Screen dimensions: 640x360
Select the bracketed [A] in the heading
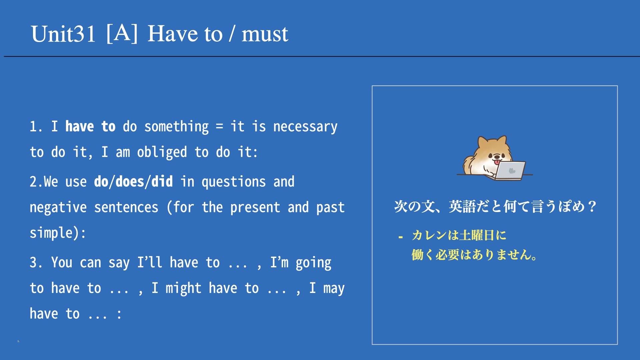[x=122, y=33]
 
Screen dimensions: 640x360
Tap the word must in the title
[x=265, y=34]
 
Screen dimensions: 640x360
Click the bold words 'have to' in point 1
[x=90, y=127]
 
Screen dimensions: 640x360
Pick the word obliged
[x=162, y=153]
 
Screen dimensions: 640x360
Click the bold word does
[x=130, y=182]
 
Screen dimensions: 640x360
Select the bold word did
[x=162, y=182]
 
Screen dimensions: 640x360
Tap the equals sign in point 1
[x=219, y=127]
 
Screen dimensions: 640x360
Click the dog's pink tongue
[x=497, y=162]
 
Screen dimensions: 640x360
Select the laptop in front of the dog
[x=509, y=170]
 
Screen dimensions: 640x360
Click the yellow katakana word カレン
[x=429, y=235]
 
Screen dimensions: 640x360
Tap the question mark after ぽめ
[x=592, y=207]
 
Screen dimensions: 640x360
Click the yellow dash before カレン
[x=401, y=237]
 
